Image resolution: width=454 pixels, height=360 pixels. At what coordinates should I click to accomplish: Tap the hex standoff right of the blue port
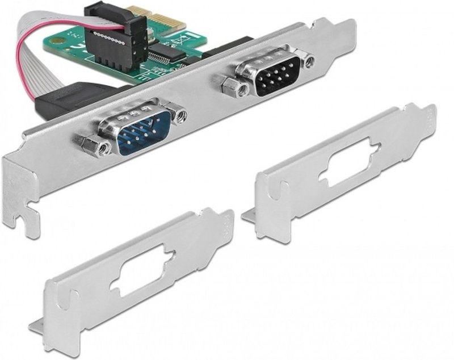[180, 116]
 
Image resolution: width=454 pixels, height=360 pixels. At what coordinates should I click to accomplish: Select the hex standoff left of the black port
[231, 86]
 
